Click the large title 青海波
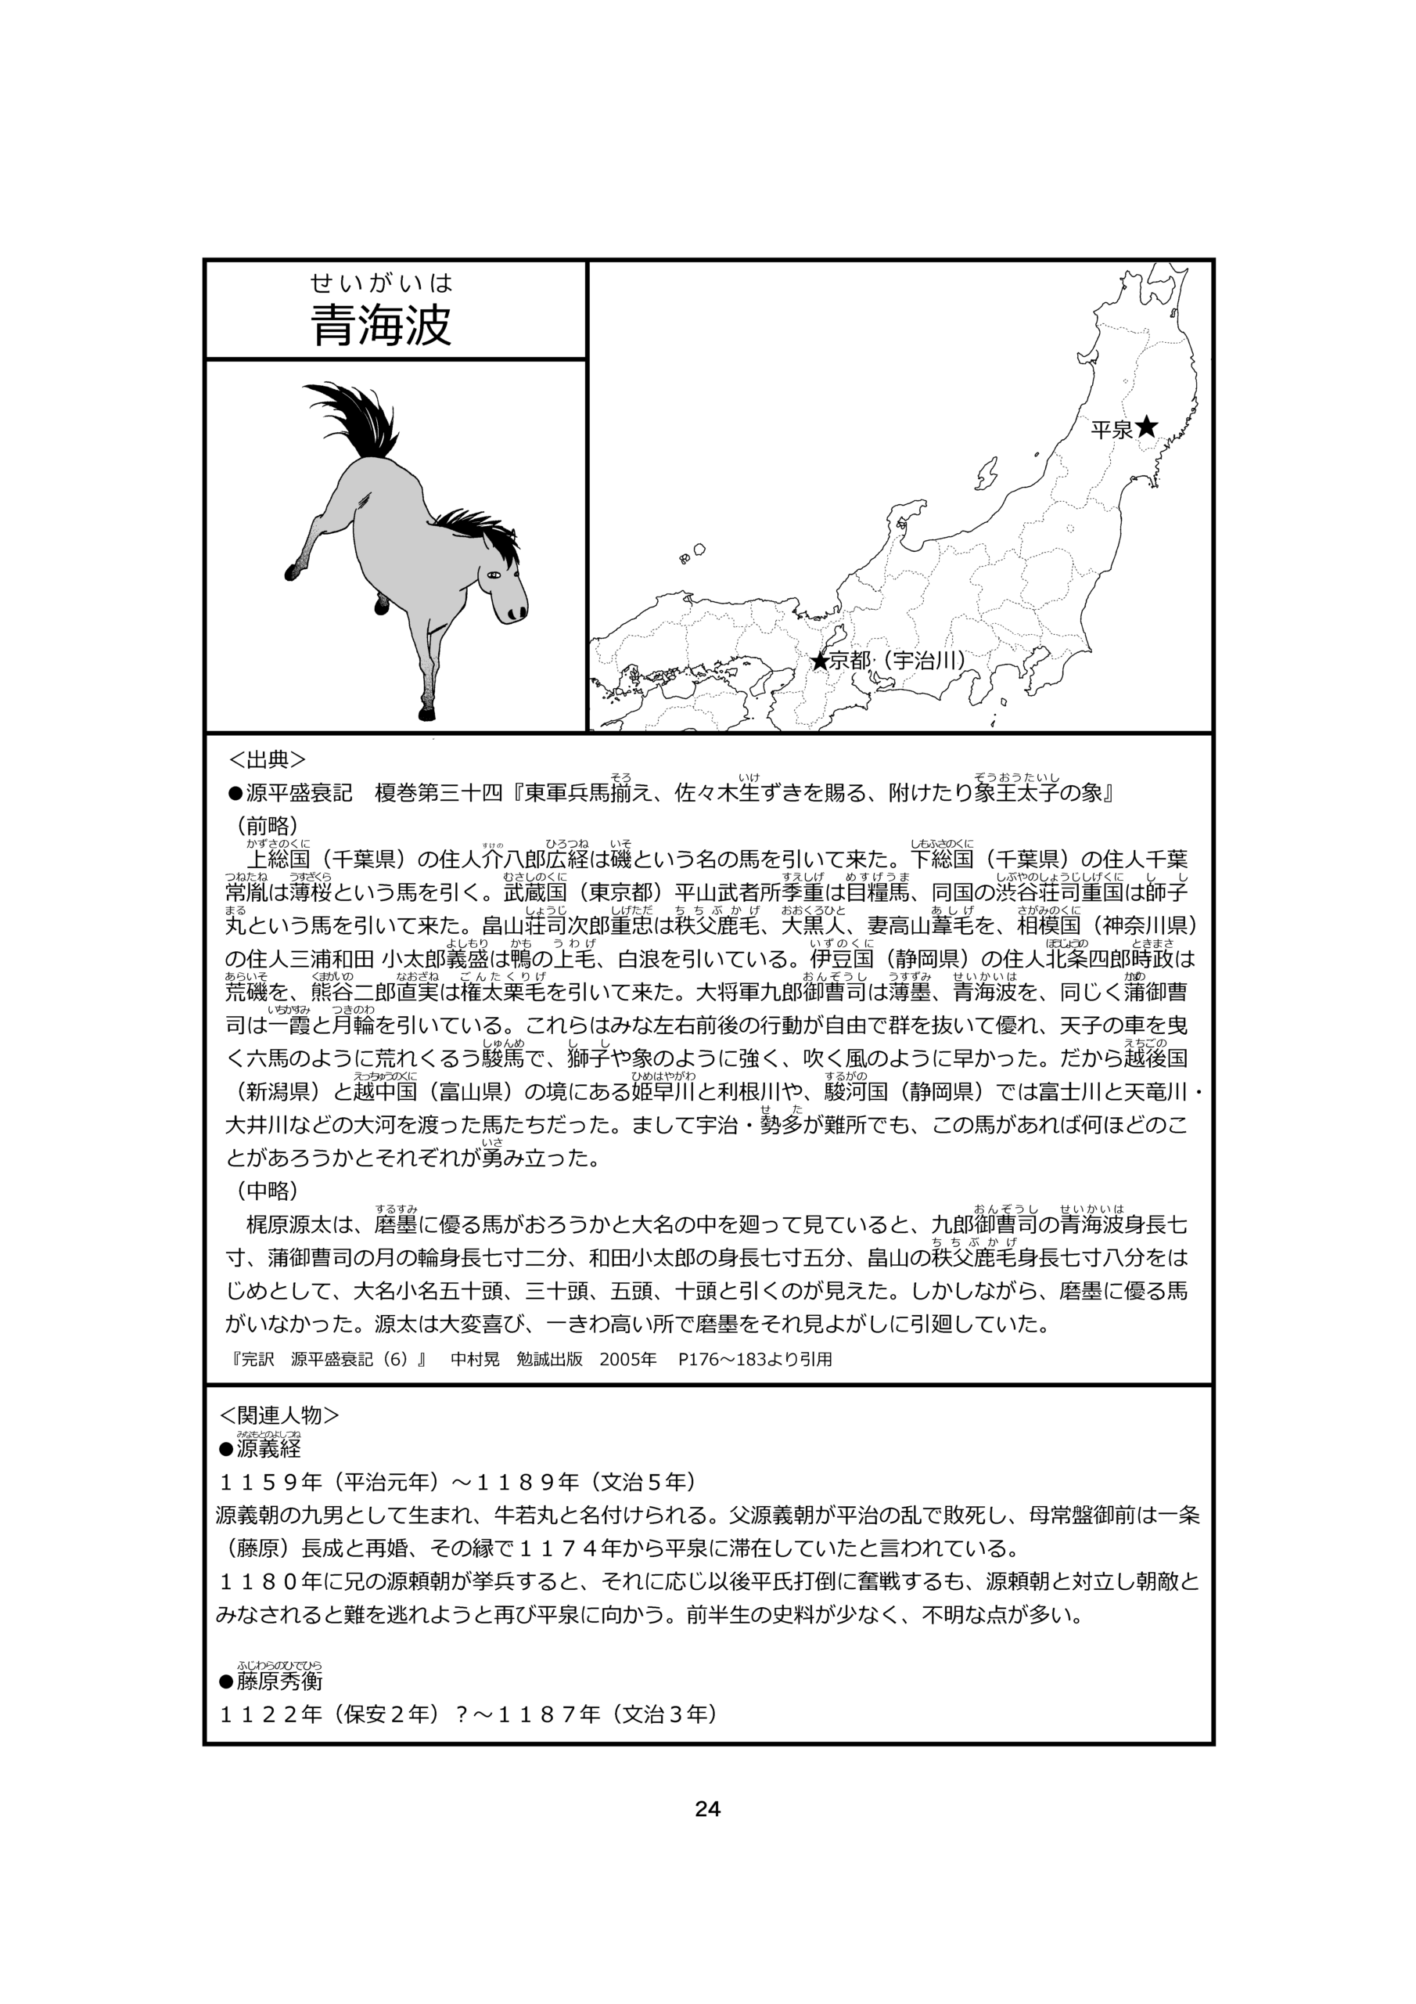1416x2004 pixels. point(381,325)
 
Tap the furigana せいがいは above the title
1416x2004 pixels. point(381,283)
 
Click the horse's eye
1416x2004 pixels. point(494,575)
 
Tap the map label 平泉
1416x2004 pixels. point(1111,430)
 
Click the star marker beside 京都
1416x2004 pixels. point(819,661)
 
